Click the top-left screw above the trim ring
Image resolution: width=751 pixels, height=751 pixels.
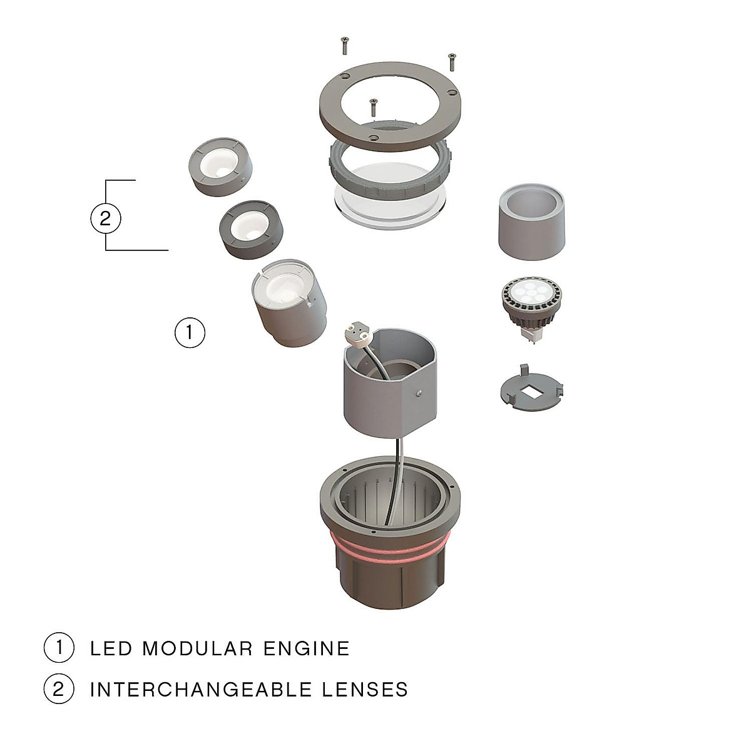pos(344,45)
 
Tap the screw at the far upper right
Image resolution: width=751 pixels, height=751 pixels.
pos(451,61)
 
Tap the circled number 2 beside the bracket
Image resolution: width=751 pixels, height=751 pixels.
pos(105,218)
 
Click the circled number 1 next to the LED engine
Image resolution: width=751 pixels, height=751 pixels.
pos(190,332)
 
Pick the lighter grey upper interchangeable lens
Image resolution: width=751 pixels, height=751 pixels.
pos(222,166)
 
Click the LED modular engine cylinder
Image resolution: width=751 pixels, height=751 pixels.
pos(289,303)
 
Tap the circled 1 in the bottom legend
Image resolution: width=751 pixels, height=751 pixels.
pos(59,647)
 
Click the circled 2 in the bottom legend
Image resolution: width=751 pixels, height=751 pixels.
pos(59,689)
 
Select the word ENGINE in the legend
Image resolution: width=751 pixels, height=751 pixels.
pos(307,648)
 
